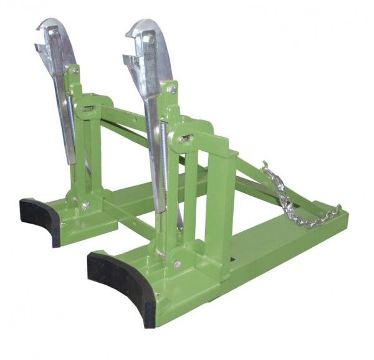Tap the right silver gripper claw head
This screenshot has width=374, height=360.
click(146, 34)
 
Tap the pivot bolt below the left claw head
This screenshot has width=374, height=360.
click(75, 70)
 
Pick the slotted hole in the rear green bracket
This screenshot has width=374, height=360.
click(87, 109)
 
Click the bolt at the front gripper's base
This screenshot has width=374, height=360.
click(178, 265)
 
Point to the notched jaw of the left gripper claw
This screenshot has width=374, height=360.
click(42, 49)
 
